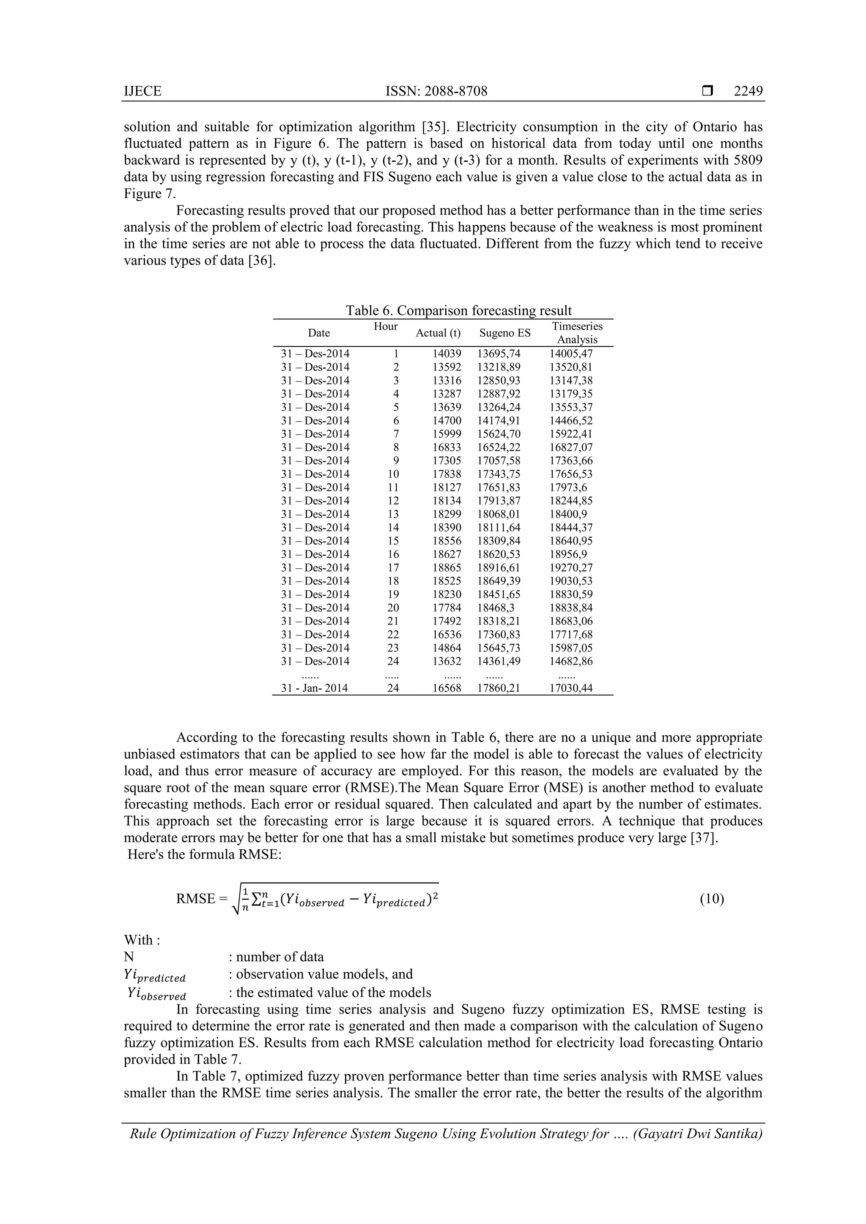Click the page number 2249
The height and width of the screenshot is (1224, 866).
coord(748,91)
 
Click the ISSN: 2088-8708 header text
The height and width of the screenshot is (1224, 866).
coord(436,91)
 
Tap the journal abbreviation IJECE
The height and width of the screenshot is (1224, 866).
coord(143,91)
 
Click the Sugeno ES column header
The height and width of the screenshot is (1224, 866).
coord(505,333)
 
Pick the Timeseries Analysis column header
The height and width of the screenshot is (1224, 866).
coord(577,333)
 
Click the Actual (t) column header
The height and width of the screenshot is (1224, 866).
coord(438,333)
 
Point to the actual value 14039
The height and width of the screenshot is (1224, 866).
coord(447,354)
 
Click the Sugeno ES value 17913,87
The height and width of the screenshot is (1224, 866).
coord(499,501)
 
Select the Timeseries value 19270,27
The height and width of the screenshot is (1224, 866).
coord(571,568)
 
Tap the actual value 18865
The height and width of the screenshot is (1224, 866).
coord(447,568)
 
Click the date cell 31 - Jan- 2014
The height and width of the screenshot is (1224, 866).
coord(314,688)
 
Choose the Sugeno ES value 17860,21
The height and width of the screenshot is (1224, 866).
coord(499,688)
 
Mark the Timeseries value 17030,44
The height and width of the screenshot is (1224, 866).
coord(571,688)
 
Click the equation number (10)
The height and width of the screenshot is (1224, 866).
coord(712,899)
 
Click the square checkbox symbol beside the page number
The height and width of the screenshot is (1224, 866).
coord(707,91)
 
